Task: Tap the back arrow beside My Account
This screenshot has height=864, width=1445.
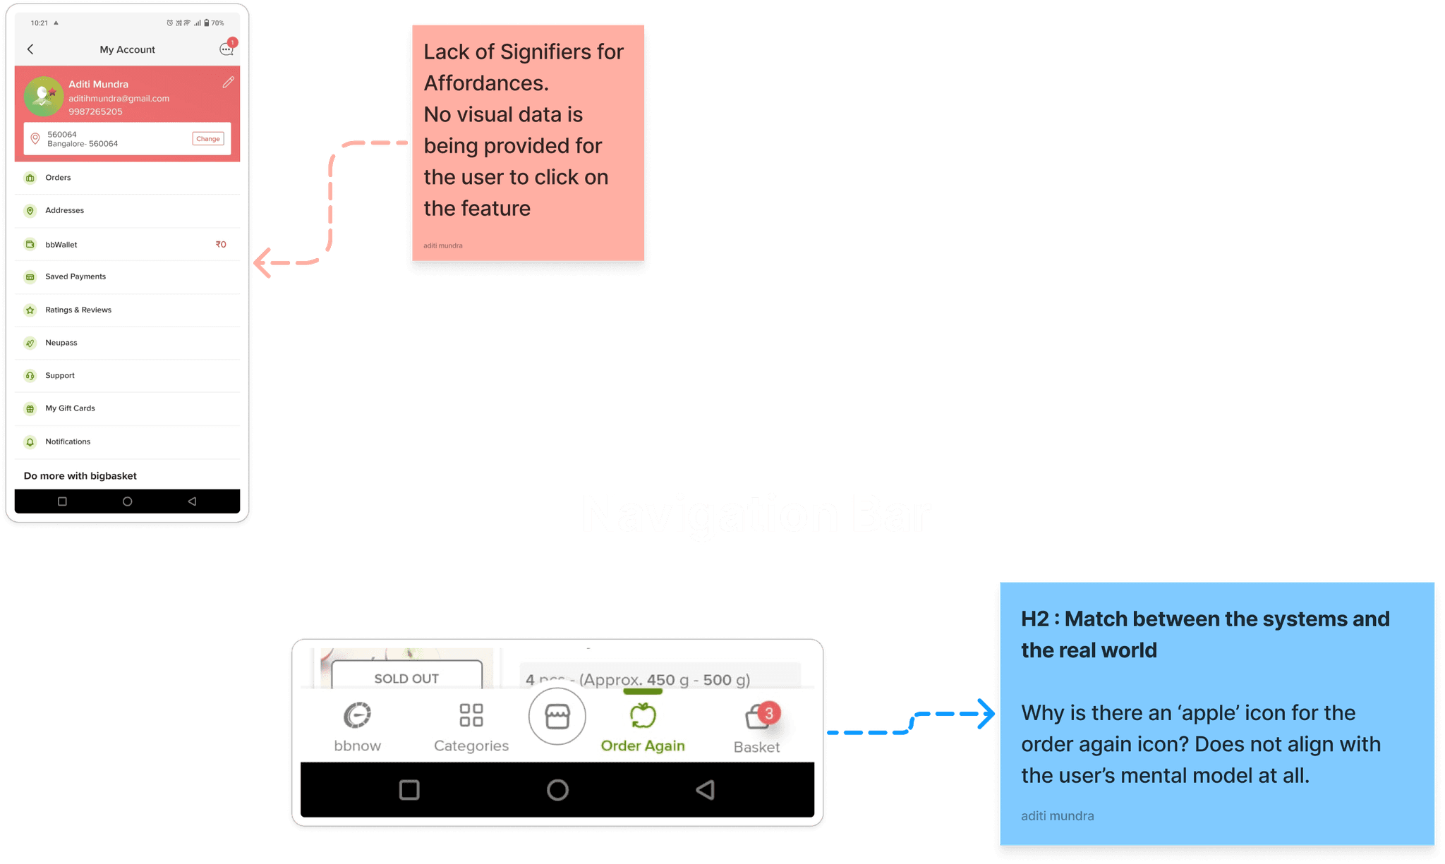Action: point(30,49)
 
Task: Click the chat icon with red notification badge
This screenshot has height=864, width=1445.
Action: point(226,49)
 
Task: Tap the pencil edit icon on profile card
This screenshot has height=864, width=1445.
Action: point(228,83)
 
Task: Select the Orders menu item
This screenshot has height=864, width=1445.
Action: point(58,178)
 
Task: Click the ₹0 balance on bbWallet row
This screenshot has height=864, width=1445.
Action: point(221,245)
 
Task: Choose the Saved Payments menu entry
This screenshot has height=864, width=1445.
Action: point(75,276)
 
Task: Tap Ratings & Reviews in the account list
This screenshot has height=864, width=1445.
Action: point(78,310)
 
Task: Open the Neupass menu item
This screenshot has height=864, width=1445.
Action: point(61,343)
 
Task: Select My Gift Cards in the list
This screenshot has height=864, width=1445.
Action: point(70,408)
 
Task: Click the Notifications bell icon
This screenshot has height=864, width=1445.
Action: point(30,442)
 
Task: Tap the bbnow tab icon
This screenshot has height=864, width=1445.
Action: point(357,715)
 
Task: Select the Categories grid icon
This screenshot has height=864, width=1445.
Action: point(471,714)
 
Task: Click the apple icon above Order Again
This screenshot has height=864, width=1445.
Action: point(643,715)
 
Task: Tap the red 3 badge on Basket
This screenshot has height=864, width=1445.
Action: point(769,713)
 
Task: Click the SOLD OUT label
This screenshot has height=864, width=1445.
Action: point(406,679)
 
